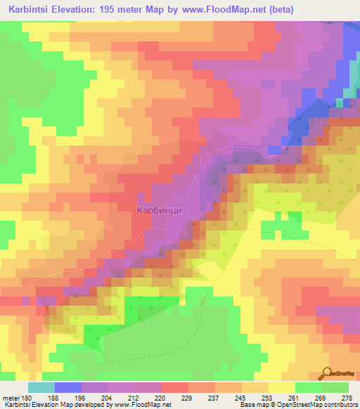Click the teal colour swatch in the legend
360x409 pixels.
pyautogui.click(x=41, y=387)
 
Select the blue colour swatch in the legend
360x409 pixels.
pyautogui.click(x=68, y=387)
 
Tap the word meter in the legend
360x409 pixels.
pyautogui.click(x=11, y=397)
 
